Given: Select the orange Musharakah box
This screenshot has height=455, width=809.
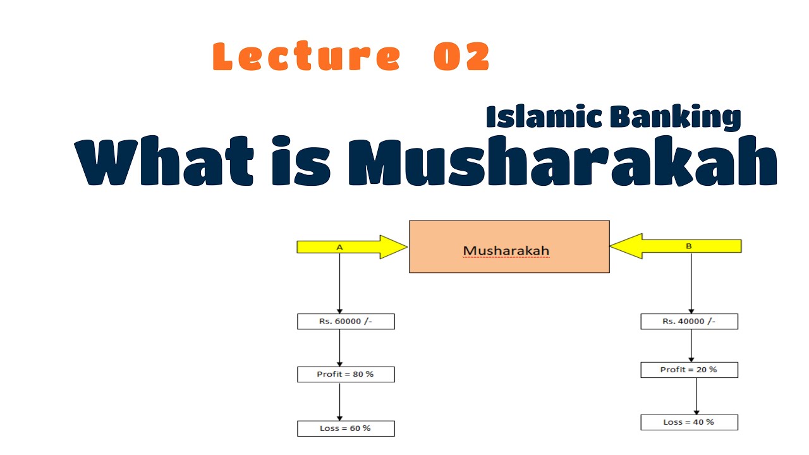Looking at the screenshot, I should [509, 246].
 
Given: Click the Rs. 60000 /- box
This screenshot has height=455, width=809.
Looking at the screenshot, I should [346, 321].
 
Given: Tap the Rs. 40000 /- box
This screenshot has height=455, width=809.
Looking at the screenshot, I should [689, 321].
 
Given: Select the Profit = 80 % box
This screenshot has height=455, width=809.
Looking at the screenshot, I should [346, 374].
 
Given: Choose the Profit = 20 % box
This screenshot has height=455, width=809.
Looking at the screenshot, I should [689, 370].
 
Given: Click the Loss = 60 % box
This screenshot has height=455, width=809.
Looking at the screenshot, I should [346, 428].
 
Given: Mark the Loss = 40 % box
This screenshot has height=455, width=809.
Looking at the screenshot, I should [689, 422].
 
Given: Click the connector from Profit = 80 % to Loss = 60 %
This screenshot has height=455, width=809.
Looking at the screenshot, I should [340, 401].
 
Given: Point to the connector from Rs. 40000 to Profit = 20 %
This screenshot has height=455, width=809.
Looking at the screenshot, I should [691, 345].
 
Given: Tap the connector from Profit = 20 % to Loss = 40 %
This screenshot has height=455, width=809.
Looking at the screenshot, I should [696, 396].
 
